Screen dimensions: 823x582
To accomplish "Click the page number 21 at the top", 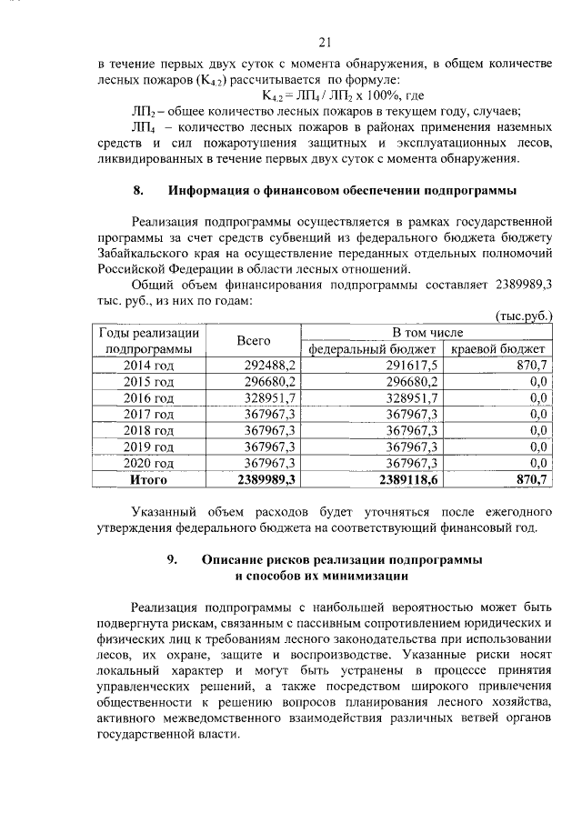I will [327, 41].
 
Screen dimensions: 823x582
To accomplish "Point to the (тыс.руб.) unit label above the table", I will [523, 315].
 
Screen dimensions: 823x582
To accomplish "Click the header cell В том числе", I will [427, 332].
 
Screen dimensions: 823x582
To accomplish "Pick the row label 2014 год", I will [149, 365].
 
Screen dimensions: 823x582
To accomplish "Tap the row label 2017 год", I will [149, 414].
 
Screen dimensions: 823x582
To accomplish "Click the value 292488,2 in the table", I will [270, 365].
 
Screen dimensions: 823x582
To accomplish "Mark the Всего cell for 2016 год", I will [270, 397].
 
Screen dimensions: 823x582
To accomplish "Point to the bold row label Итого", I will [149, 479].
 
